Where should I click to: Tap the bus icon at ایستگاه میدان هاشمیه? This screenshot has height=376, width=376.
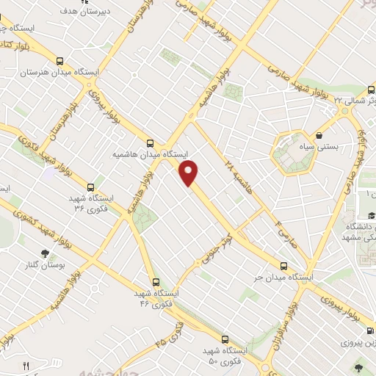pos(151,143)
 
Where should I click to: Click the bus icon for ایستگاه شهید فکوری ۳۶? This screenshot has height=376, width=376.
pos(90,187)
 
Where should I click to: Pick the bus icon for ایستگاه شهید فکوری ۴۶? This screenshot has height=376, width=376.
pos(155,281)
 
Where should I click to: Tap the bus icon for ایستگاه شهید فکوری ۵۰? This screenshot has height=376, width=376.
pos(224,340)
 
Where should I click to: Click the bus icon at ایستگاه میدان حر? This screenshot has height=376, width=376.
pos(284,266)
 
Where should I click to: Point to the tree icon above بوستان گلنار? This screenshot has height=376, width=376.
pos(46,253)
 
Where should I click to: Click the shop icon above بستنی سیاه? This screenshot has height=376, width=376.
pos(320,135)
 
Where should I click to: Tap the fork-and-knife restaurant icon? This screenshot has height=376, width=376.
pos(26,365)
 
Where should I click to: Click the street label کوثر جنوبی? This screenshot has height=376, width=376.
pos(218,250)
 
